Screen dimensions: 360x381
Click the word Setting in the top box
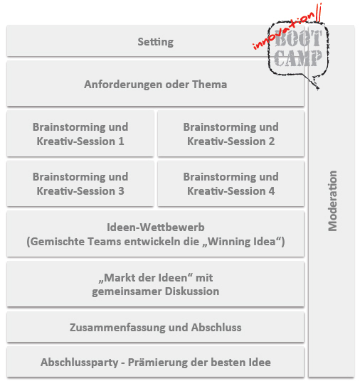[x=156, y=42]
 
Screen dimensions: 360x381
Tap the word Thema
[x=210, y=85]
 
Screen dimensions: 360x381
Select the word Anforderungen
[x=123, y=85]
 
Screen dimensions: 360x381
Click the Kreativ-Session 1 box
[x=80, y=134]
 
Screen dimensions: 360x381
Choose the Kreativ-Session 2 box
[x=231, y=134]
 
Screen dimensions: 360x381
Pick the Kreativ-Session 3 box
[x=80, y=183]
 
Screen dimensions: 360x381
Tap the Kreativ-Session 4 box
[x=231, y=183]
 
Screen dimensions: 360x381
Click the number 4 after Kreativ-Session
[x=272, y=191]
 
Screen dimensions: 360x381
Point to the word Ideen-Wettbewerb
[x=156, y=227]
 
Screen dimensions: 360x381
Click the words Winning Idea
[x=241, y=242]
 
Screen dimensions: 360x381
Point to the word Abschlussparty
[x=80, y=363]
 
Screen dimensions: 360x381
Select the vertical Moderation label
[x=332, y=200]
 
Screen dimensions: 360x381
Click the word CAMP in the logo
[x=297, y=58]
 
